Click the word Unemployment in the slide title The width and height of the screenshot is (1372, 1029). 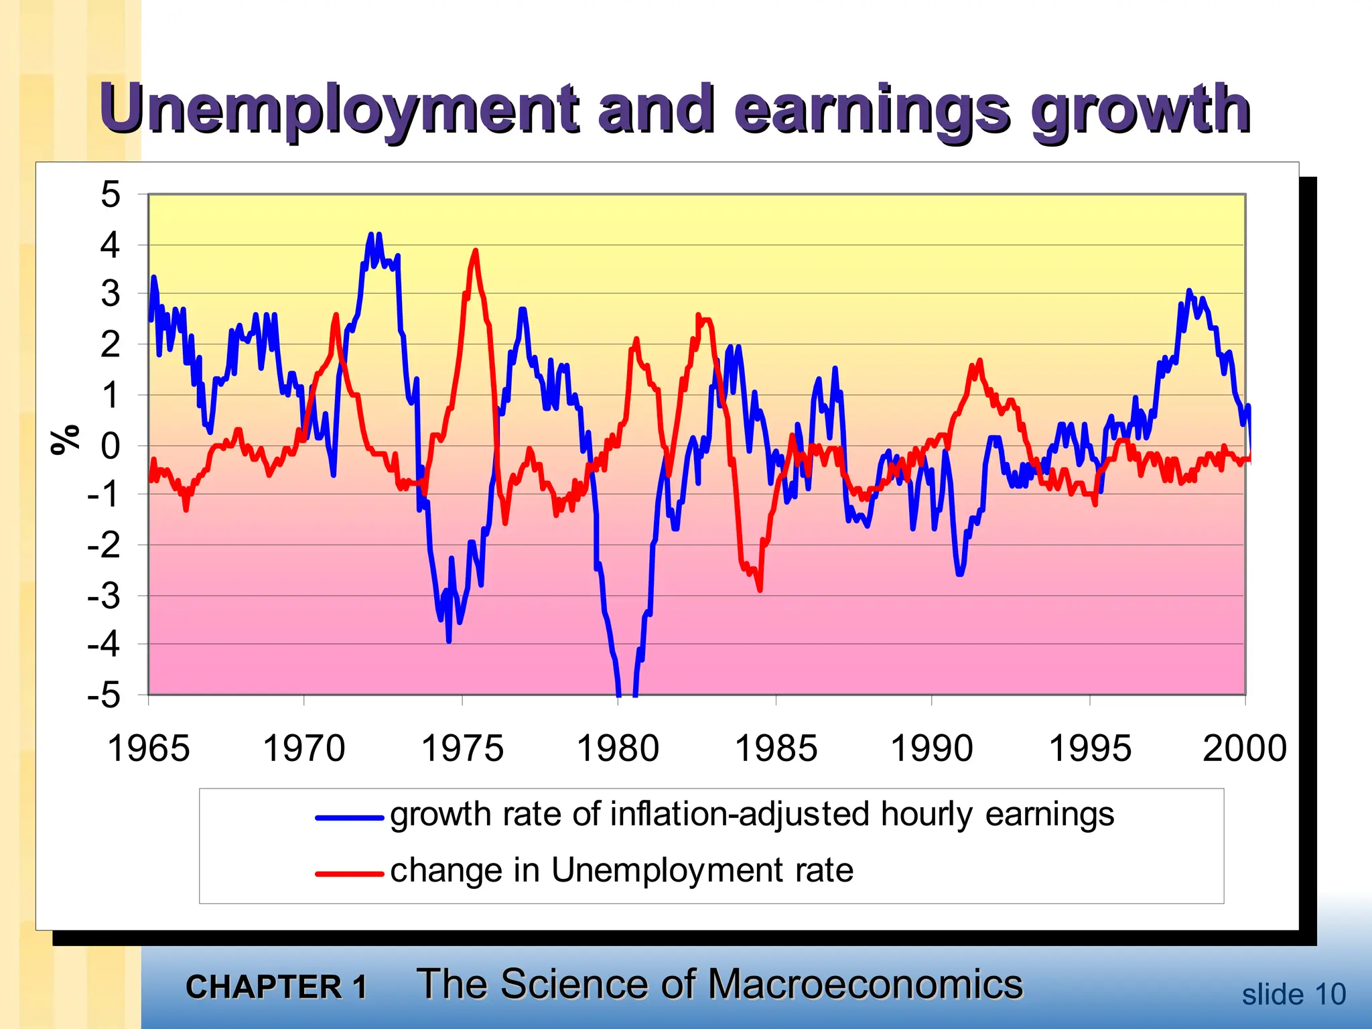pyautogui.click(x=338, y=109)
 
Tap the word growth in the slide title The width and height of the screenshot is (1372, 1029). pyautogui.click(x=1140, y=109)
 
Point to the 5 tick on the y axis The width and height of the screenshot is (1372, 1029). pyautogui.click(x=111, y=195)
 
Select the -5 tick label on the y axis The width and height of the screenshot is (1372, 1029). pyautogui.click(x=104, y=696)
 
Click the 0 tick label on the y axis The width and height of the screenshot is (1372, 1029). pyautogui.click(x=111, y=446)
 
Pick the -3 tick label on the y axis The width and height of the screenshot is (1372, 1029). pyautogui.click(x=104, y=596)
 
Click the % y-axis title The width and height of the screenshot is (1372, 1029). pyautogui.click(x=66, y=439)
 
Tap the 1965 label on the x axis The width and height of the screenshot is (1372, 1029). pyautogui.click(x=148, y=748)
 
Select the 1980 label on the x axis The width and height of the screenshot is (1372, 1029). pyautogui.click(x=618, y=748)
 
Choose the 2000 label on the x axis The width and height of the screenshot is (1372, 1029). pyautogui.click(x=1244, y=748)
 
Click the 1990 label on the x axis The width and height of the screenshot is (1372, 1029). pyautogui.click(x=931, y=748)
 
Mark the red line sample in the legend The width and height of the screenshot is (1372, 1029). pyautogui.click(x=349, y=874)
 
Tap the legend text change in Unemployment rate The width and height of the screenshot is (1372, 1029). pyautogui.click(x=621, y=870)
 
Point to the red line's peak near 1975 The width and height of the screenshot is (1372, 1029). pyautogui.click(x=476, y=251)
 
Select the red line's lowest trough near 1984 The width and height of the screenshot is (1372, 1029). pyautogui.click(x=760, y=590)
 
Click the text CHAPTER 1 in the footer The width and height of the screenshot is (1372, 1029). pyautogui.click(x=276, y=987)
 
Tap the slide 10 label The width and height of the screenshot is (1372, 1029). pyautogui.click(x=1293, y=994)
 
